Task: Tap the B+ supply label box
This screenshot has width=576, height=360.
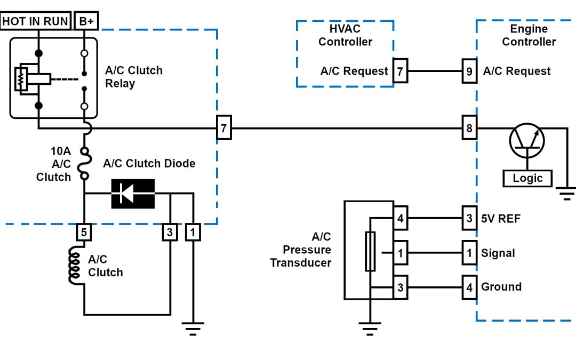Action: coord(85,21)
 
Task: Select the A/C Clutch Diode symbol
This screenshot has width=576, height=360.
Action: coord(132,194)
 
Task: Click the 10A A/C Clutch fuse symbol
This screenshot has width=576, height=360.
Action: coord(84,163)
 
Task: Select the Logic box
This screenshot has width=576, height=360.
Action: coord(527,178)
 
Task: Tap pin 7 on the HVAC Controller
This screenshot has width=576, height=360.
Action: coord(400,71)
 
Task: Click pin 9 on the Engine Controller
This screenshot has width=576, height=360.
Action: coord(469,71)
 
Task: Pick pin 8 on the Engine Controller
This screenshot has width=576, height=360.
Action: coord(469,129)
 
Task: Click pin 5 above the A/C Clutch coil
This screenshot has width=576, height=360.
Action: coord(84,232)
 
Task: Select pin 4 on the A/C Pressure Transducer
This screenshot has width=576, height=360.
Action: coord(400,218)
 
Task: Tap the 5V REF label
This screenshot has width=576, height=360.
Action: coord(501,219)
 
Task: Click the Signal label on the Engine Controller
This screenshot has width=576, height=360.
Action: coord(498,253)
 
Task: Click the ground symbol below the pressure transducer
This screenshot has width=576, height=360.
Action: coord(369,327)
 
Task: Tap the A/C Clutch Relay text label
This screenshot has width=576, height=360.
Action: coord(133,77)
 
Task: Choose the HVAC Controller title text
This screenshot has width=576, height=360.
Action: coord(345,35)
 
